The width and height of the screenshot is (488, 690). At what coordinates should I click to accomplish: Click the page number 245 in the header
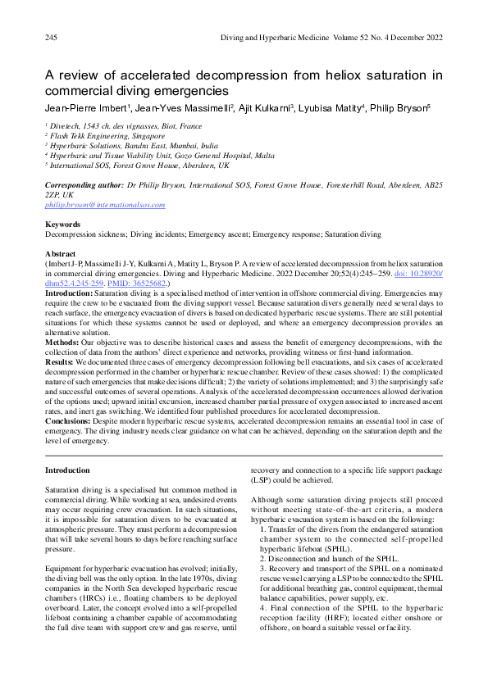[x=51, y=39]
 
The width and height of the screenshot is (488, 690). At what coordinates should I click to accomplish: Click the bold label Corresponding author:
[x=83, y=186]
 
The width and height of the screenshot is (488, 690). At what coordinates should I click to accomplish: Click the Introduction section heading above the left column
[x=68, y=470]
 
